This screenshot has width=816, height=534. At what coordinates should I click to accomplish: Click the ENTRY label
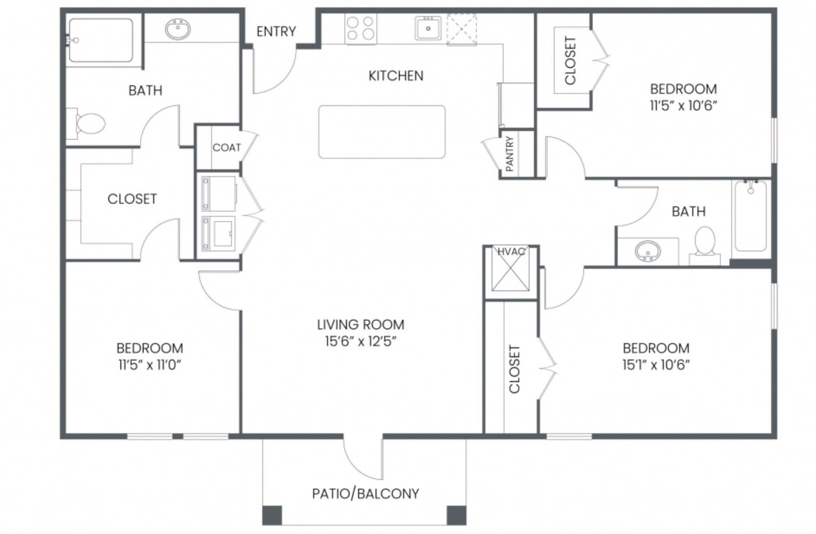tap(276, 32)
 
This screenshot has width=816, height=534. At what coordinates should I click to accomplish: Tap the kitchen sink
tap(428, 28)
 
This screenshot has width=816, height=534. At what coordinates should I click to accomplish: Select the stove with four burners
tap(360, 29)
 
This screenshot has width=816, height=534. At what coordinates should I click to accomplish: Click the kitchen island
tap(382, 132)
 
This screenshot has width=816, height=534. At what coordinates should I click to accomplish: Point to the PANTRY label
tap(510, 154)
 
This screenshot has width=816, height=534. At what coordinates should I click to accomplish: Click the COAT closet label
tap(227, 148)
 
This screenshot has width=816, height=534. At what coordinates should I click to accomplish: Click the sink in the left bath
tap(178, 29)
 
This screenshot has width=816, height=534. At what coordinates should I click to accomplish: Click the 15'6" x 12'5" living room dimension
tap(361, 341)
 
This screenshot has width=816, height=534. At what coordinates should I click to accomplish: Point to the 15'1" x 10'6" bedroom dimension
tap(656, 365)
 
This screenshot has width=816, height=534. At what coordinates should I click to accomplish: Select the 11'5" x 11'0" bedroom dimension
tap(150, 365)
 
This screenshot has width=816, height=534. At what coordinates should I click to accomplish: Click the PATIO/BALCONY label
tap(366, 494)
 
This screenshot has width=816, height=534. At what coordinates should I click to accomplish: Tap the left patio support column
tap(272, 515)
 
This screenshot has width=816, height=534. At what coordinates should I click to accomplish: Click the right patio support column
tap(456, 515)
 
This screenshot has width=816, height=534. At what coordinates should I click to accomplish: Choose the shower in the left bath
tap(101, 40)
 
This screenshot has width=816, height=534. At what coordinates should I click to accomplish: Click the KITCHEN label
tap(396, 76)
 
